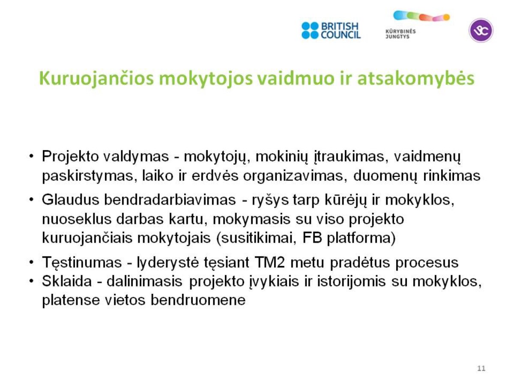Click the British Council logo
coord(331,30)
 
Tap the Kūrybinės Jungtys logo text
coord(400,34)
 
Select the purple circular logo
coord(481,30)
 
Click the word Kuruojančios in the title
coord(96,79)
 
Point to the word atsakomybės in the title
coord(415,78)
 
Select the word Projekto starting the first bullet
coord(70,157)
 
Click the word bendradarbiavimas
coord(170,200)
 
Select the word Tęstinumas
coord(82,263)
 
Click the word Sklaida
coord(66,281)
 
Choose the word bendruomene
coord(198,300)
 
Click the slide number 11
coord(481,368)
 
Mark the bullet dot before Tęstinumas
coord(31,262)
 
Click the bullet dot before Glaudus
coord(31,200)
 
